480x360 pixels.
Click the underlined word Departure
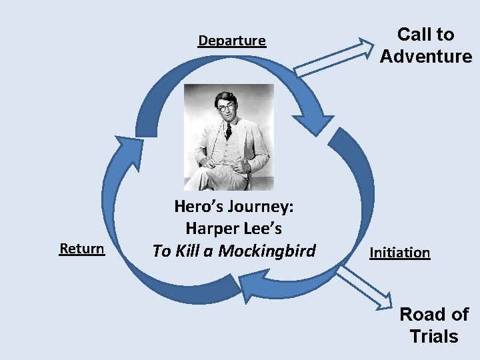[232, 41]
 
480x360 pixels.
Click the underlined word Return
[82, 249]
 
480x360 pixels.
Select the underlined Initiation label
[399, 252]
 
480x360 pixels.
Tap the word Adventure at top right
[426, 56]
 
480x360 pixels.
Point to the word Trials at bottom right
[434, 336]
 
